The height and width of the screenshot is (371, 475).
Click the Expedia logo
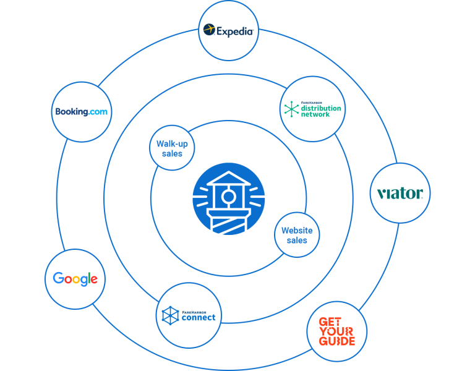point(229,30)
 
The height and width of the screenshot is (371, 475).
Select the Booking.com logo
point(81,112)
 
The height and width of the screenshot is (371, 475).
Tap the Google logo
point(75,279)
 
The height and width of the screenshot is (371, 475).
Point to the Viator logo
point(400,194)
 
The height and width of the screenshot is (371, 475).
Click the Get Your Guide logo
point(337,331)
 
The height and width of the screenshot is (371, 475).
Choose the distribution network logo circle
point(312,109)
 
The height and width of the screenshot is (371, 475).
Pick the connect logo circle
point(189,315)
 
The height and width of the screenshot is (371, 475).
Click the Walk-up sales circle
point(172,148)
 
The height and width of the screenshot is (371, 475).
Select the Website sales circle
point(297,235)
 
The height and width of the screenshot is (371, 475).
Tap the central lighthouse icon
point(229,198)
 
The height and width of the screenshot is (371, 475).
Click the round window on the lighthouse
point(229,197)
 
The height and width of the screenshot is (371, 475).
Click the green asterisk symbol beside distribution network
point(291,109)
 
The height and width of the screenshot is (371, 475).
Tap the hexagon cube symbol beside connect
point(169,316)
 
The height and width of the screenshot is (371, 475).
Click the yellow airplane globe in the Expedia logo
point(210,30)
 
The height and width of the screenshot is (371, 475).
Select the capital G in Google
point(58,278)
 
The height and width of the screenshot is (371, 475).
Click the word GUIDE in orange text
point(337,341)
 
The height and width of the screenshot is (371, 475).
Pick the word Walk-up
point(172,144)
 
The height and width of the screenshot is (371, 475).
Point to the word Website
point(297,231)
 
